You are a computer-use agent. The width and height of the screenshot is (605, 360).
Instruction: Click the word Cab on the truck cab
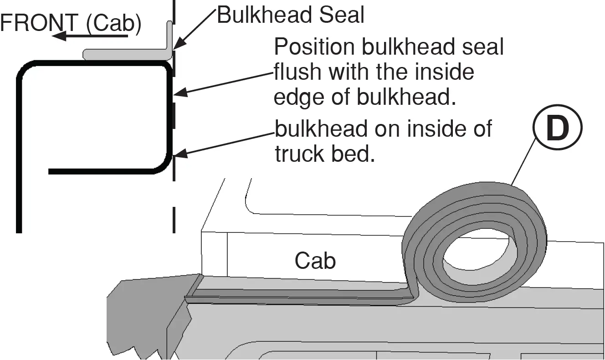pos(315,261)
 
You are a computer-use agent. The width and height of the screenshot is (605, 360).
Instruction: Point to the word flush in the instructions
pos(297,72)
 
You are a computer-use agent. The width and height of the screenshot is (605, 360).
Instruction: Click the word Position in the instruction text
pos(315,46)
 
